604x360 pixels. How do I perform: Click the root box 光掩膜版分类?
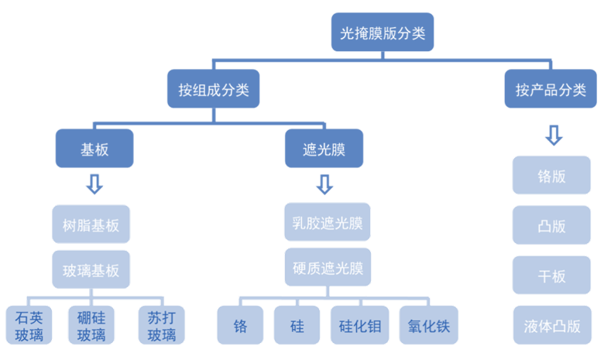click(383, 32)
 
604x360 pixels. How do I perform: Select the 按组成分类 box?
click(214, 88)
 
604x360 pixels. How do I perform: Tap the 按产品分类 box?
click(551, 88)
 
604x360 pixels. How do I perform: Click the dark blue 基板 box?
click(94, 148)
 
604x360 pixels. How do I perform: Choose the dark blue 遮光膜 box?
click(324, 148)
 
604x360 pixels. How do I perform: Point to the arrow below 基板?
click(94, 184)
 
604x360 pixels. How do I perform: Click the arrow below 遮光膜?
click(324, 184)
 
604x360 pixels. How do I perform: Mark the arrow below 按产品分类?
click(554, 135)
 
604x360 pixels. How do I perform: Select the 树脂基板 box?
click(91, 224)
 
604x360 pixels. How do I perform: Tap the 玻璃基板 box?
click(91, 269)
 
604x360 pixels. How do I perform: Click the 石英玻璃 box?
click(29, 325)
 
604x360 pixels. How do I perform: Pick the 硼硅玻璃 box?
click(91, 325)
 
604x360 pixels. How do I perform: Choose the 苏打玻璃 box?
click(162, 325)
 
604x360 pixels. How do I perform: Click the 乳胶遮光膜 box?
click(328, 222)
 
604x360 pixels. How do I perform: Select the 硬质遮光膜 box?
click(328, 267)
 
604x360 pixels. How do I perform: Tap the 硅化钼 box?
click(360, 325)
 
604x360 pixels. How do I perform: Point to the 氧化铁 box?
click(429, 325)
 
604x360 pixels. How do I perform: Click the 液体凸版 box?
click(552, 325)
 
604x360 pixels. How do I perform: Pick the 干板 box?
click(551, 275)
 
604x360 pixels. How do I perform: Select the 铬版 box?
click(551, 175)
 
